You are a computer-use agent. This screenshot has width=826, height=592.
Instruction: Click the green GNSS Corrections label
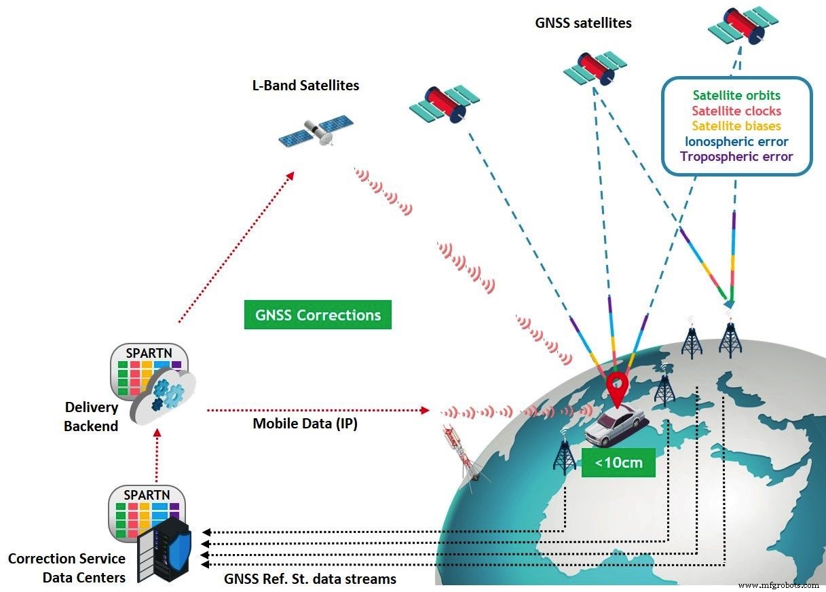(318, 315)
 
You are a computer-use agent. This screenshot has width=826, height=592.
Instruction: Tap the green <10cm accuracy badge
(618, 462)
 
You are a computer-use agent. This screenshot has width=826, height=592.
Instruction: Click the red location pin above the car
(616, 387)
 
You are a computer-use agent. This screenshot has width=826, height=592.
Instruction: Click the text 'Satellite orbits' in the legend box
(736, 96)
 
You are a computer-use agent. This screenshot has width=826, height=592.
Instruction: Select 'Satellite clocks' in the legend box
(736, 111)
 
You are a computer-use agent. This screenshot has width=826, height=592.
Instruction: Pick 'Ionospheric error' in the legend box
(736, 141)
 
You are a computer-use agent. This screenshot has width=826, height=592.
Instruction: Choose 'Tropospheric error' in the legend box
(736, 157)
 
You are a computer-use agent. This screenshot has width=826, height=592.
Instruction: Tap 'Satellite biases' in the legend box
(736, 126)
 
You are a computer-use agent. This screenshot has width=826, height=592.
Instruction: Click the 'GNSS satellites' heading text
(583, 23)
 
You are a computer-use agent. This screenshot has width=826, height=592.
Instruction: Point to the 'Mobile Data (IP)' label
(305, 424)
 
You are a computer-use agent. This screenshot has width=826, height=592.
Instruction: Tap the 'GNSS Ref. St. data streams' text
(310, 579)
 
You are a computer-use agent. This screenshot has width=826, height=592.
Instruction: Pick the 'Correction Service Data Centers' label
(67, 568)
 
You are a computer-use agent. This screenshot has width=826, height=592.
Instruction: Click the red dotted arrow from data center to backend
(157, 459)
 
